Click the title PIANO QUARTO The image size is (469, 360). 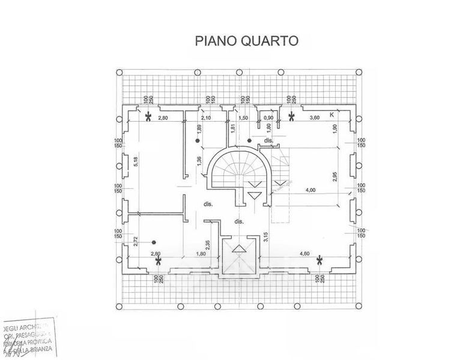pyautogui.click(x=246, y=41)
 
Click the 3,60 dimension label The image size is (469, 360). pyautogui.click(x=313, y=118)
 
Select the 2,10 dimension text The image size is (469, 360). pyautogui.click(x=205, y=118)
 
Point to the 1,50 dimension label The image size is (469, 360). pyautogui.click(x=244, y=118)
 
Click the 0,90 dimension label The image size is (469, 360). pyautogui.click(x=269, y=118)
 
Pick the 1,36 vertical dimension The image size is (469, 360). pyautogui.click(x=199, y=161)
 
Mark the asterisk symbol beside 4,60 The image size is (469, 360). pyautogui.click(x=319, y=260)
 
